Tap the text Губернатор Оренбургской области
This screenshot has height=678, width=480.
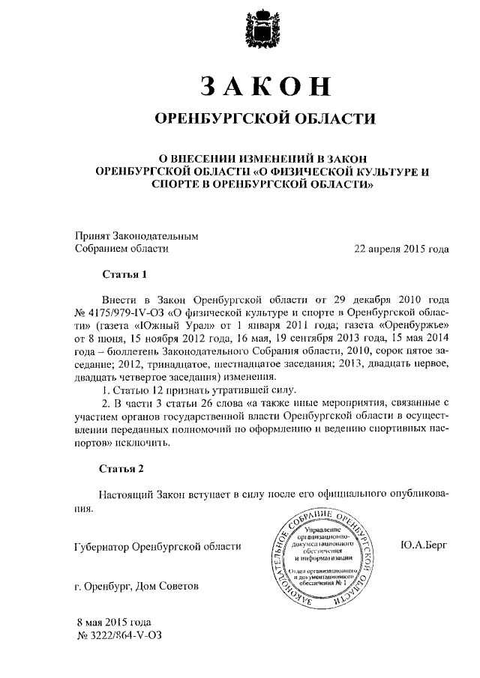(x=158, y=547)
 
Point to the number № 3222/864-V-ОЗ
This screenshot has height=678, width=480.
(x=119, y=635)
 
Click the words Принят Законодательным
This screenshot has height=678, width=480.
(x=136, y=235)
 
